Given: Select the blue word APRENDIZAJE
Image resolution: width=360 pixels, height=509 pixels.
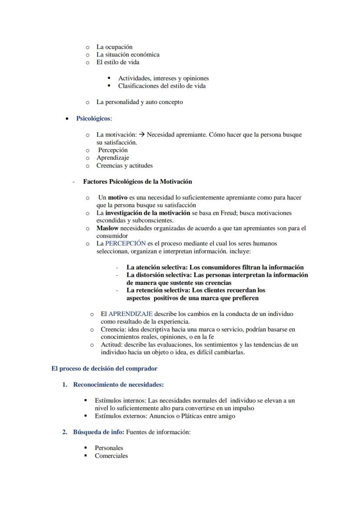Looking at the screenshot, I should pos(130,314).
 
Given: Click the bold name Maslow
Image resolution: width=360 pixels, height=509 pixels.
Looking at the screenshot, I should pos(107,228).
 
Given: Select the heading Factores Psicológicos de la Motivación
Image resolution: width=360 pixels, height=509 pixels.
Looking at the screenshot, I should pos(137,182).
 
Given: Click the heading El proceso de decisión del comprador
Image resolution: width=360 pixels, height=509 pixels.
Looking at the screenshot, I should pos(104,369).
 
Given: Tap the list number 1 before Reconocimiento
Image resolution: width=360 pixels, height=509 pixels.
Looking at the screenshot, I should pos(64,385).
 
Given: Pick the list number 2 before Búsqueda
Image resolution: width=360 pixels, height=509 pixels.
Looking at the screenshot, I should pos(64,432).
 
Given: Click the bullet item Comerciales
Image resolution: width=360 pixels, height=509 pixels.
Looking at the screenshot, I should pos(111,456).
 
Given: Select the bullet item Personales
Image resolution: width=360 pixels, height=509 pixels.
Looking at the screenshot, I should pos(109,448).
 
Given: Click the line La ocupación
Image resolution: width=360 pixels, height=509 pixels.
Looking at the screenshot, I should pos(114,47).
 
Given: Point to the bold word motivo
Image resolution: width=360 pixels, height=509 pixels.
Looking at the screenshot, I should pos(117,198).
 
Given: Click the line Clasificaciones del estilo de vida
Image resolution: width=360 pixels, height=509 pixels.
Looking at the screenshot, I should pos(162,86).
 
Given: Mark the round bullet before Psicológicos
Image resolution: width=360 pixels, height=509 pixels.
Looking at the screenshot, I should pos(66,119).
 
